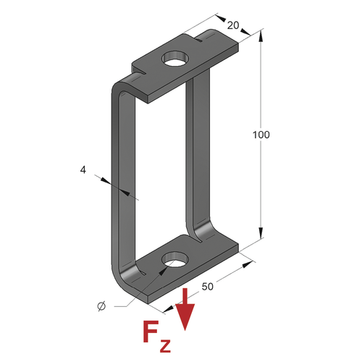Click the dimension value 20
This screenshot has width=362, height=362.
tap(233, 25)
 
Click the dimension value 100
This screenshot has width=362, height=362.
tap(261, 135)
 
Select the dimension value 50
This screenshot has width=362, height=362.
tap(208, 287)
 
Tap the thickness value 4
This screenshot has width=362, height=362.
tap(83, 170)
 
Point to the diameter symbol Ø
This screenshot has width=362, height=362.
tap(101, 306)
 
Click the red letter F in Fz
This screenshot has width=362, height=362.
tap(151, 332)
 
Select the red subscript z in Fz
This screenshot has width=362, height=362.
tap(165, 346)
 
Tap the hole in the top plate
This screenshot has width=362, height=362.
tap(175, 59)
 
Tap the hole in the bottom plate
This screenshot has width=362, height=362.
tap(175, 259)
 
